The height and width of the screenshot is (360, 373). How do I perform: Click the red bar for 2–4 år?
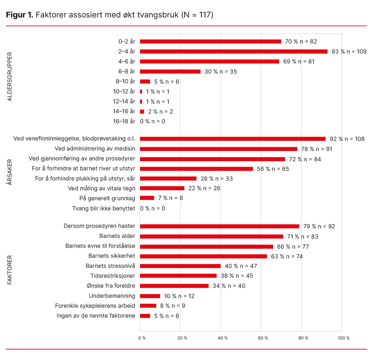tap(233, 51)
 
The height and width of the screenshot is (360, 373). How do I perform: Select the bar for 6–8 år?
tap(170, 71)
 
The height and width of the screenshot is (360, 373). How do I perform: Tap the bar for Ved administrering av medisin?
tap(219, 149)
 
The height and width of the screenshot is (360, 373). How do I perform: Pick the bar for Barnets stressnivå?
tap(180, 266)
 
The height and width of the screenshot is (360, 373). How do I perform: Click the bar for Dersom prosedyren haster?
tap(219, 226)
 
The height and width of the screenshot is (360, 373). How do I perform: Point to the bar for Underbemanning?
tap(150, 296)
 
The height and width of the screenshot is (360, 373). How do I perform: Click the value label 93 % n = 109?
tap(349, 51)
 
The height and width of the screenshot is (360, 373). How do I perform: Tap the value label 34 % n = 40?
tap(229, 286)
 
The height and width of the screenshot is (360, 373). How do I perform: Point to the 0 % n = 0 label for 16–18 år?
tap(153, 121)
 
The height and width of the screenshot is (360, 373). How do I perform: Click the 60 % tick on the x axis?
tap(261, 338)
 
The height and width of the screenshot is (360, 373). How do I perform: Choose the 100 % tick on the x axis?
tap(343, 338)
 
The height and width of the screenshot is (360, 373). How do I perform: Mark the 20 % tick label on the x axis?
tap(182, 338)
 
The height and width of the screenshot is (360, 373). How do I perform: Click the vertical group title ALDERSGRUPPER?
tap(10, 77)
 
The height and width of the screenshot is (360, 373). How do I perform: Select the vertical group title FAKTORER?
tap(10, 270)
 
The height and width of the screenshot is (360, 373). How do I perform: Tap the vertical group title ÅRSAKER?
tap(10, 172)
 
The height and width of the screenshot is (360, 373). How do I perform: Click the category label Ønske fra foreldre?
tap(112, 286)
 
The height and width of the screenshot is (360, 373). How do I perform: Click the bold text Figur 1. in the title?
tap(20, 15)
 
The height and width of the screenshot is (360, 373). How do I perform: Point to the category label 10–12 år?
tap(124, 91)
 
